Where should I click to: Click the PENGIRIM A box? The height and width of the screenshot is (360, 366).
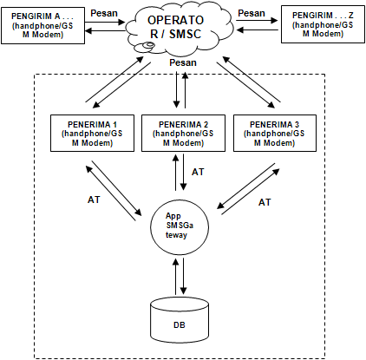[42, 25]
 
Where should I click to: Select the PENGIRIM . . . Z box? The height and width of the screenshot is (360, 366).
[323, 25]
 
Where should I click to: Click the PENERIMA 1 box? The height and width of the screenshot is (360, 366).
[92, 133]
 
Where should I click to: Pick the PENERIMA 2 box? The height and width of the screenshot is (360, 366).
[183, 133]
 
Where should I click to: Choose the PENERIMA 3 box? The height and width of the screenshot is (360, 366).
[275, 133]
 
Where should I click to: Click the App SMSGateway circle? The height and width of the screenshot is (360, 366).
[180, 226]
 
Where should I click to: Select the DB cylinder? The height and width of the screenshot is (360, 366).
[180, 320]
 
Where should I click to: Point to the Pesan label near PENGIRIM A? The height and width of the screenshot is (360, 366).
[104, 13]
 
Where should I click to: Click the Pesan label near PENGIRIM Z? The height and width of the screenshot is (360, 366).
[252, 13]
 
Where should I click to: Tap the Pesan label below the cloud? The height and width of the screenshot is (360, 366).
[183, 62]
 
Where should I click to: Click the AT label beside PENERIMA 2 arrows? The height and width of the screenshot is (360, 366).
[198, 172]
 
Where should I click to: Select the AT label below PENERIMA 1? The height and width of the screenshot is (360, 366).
[94, 200]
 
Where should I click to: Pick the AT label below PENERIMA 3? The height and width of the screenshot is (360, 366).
[265, 202]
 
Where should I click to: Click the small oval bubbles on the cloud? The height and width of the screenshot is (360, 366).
[145, 47]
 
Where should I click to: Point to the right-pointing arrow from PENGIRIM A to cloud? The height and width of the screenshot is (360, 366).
[105, 22]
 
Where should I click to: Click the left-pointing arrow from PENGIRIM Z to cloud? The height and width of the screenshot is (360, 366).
[258, 29]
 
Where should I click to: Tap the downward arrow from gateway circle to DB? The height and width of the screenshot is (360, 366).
[183, 276]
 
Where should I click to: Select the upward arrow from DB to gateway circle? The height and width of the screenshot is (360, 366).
[175, 276]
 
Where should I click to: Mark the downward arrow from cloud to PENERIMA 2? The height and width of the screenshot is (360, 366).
[176, 90]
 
